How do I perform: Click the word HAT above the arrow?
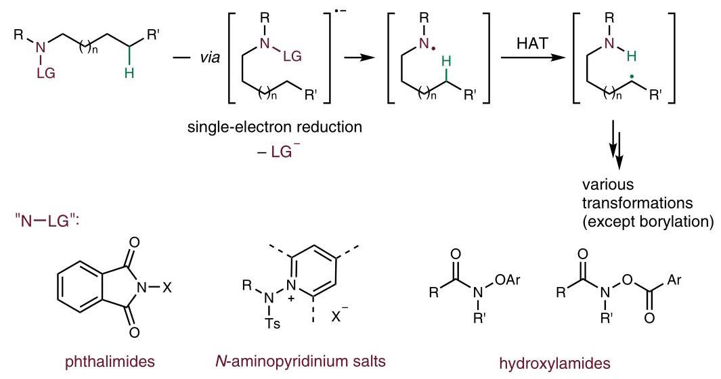(532, 43)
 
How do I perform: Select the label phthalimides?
(110, 361)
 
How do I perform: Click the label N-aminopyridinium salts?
(301, 361)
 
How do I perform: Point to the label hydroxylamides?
(555, 363)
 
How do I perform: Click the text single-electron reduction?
(274, 127)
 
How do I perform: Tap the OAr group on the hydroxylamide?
(508, 280)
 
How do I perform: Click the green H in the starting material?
(129, 72)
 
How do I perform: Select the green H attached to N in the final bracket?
(632, 57)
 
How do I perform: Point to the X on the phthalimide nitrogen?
(167, 288)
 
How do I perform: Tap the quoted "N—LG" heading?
(47, 221)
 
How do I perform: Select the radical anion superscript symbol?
(341, 21)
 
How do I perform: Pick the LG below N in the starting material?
(45, 72)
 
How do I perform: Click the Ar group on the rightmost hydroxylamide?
(674, 280)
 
